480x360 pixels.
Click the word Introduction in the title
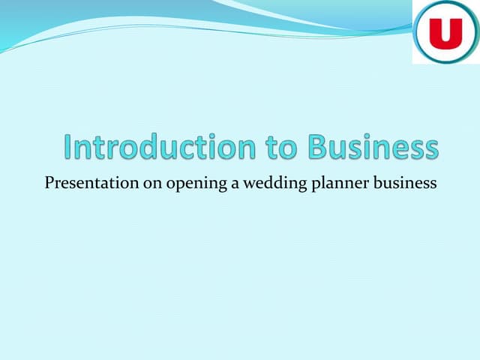pos(160,147)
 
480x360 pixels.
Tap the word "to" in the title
pos(281,148)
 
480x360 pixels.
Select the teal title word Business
pos(373,147)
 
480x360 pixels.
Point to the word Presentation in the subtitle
pos(91,183)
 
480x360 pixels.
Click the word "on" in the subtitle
pos(152,184)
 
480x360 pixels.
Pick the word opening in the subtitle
pos(196,184)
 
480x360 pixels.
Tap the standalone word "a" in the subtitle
pos(235,184)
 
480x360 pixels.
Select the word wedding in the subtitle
pos(275,183)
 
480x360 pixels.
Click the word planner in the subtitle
pos(340,183)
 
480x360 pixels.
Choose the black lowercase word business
pos(405,183)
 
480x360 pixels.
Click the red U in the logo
pos(445,34)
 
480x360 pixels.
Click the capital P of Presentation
pos(50,183)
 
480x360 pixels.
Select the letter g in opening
pos(221,186)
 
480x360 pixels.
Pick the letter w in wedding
pos(250,185)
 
